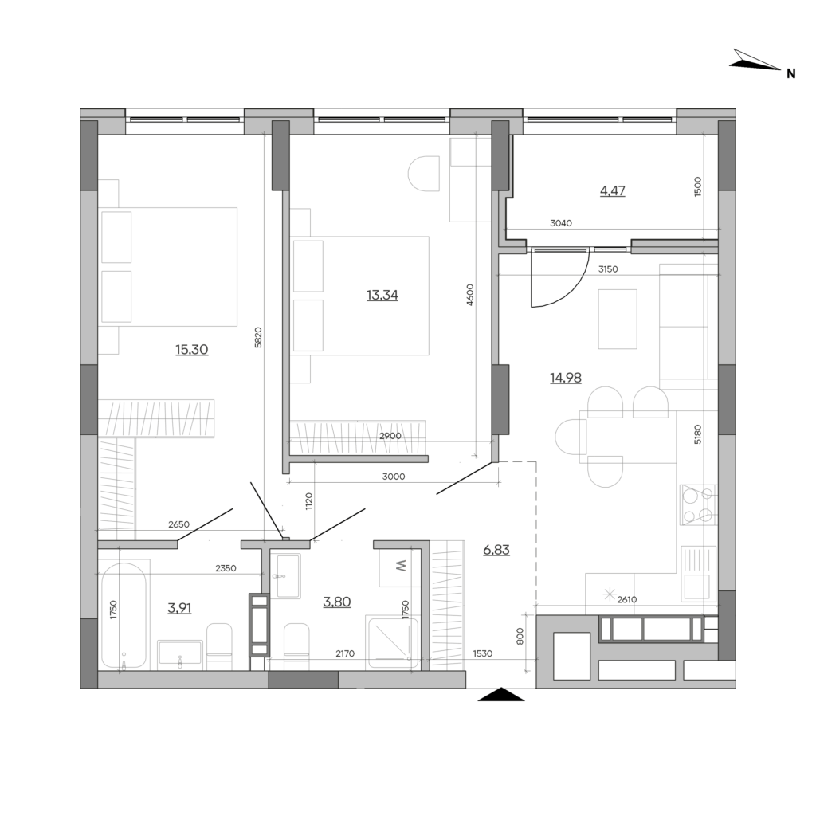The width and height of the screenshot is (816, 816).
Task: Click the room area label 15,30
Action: [x=191, y=349]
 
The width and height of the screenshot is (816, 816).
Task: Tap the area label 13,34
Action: [x=382, y=295]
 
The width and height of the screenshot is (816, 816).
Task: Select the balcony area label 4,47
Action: [x=613, y=190]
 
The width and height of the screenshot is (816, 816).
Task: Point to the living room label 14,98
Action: [x=566, y=377]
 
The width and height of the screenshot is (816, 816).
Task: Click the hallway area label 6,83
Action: [x=496, y=550]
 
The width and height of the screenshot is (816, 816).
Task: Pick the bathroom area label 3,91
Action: [x=179, y=607]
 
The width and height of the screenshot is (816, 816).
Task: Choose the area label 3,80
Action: [x=337, y=602]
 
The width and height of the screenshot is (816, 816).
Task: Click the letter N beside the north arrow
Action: [x=791, y=74]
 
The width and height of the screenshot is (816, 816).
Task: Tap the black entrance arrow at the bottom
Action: [x=500, y=694]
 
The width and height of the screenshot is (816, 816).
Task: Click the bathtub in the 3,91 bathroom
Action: [x=124, y=615]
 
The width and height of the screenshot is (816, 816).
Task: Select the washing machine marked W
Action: [x=400, y=567]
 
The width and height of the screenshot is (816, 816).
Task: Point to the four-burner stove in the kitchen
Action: [x=698, y=504]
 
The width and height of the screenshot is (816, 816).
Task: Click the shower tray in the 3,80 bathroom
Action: [x=392, y=642]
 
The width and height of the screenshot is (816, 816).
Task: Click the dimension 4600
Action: [x=470, y=295]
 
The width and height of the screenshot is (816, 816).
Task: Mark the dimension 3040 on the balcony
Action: [x=561, y=223]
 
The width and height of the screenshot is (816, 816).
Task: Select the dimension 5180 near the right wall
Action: [x=698, y=434]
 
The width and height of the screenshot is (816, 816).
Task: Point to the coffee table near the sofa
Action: [x=618, y=319]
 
